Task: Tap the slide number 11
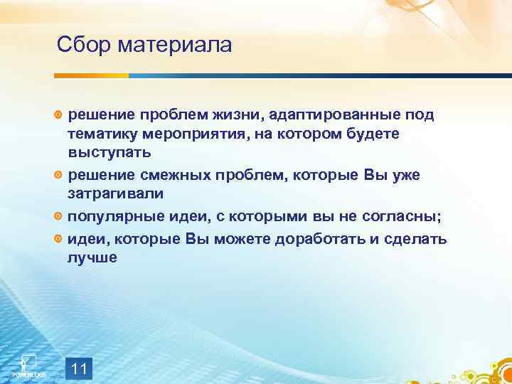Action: coord(80,368)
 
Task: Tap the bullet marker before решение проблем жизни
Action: coord(59,115)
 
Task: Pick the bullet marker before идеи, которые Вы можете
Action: coord(59,240)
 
